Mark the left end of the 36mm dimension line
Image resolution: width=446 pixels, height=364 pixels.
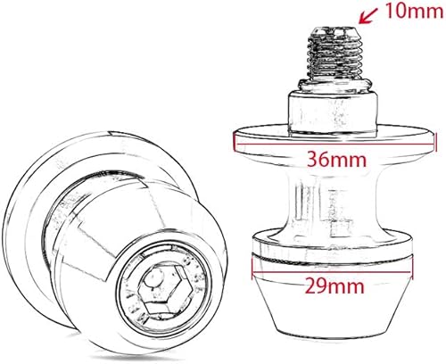click(x=234, y=137)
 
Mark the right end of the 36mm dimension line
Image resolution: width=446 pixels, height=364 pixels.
click(x=438, y=137)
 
